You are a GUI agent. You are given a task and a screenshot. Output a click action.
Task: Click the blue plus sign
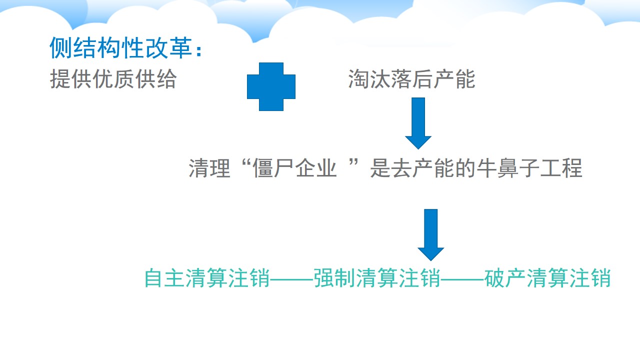tap(271, 86)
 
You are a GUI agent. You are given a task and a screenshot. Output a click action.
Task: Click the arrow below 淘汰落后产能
tap(418, 123)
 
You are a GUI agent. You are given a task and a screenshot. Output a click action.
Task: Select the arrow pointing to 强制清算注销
tap(431, 235)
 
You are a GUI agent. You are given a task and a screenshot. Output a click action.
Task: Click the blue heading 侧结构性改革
tap(121, 48)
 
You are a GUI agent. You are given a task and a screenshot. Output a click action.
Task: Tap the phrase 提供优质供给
tap(113, 79)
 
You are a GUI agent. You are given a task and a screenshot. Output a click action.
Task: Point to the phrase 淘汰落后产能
tap(411, 79)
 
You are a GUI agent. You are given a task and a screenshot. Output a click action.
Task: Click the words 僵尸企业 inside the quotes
tap(294, 168)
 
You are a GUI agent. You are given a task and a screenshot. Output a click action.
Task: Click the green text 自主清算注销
tap(207, 278)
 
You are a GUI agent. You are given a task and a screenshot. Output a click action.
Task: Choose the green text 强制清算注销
tap(377, 278)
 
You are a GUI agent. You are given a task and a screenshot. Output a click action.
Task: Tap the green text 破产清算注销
tap(547, 278)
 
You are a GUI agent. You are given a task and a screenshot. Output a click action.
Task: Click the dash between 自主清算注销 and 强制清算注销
tap(292, 278)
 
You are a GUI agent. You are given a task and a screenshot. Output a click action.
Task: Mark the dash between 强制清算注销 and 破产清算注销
tap(462, 278)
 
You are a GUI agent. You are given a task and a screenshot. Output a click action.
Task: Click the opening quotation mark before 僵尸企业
tap(246, 163)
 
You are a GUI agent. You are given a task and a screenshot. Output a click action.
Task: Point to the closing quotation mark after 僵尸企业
tap(353, 163)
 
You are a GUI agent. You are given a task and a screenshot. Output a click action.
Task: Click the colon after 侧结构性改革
tap(199, 50)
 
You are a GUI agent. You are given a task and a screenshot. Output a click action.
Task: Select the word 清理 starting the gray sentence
tap(209, 168)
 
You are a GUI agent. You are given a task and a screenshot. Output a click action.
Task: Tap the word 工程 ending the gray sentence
tap(561, 168)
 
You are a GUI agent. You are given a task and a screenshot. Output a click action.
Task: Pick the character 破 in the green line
tap(495, 278)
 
